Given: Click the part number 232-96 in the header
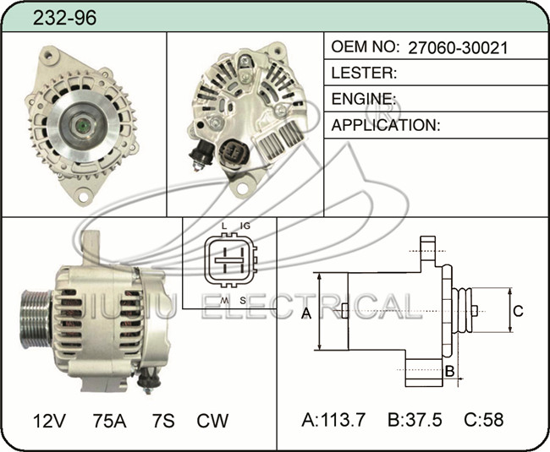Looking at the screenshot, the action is coord(64,18).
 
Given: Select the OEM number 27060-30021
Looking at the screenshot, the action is coord(458,47).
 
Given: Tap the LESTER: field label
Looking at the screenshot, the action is coord(364,73).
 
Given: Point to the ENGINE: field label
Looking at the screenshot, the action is coord(364,99).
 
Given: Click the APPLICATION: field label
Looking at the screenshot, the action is coord(386,125).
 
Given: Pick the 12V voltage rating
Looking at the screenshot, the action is coord(49,421).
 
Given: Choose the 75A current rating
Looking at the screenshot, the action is coord(109,421).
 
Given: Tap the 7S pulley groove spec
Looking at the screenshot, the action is coord(163,421).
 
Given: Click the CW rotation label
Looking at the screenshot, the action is coord(212,421).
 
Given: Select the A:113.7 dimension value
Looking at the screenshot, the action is coord(333,419).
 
